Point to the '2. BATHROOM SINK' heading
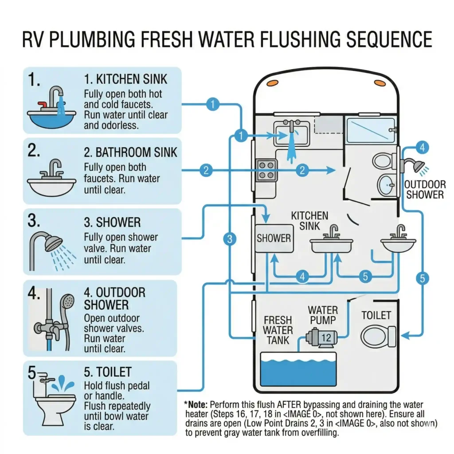point(130,153)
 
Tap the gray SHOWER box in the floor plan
point(274,238)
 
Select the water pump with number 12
point(321,338)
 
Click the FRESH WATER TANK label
point(278,330)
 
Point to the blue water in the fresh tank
point(298,370)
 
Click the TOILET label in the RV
point(376,315)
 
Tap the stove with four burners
point(267,170)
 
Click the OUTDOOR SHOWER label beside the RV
point(425,189)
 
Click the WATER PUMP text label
point(323,314)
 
